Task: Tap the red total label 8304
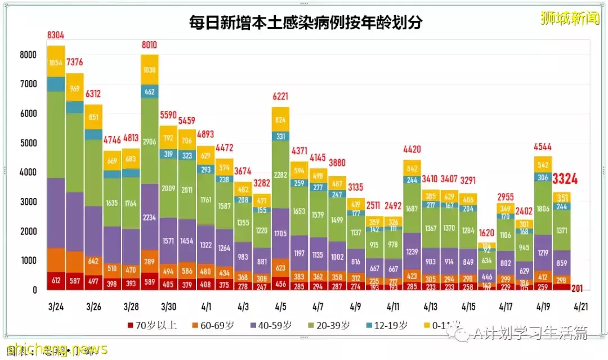coord(56,36)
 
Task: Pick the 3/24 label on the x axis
coord(56,307)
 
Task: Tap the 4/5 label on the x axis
coord(280,307)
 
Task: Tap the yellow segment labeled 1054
coord(56,63)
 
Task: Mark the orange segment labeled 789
coord(149,261)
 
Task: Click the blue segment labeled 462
coord(149,91)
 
